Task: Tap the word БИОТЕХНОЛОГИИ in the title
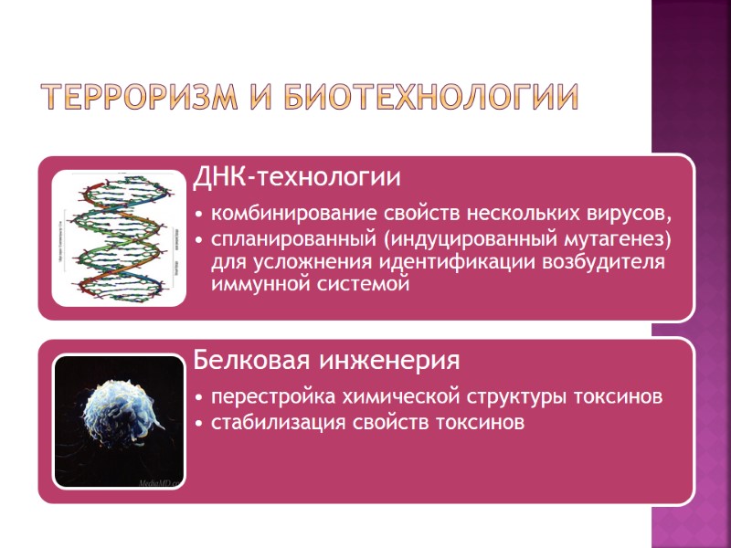pos(432,98)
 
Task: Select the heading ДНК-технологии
pos(297,174)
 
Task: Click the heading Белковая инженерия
pos(326,360)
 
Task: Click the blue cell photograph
pos(120,421)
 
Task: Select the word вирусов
pos(637,216)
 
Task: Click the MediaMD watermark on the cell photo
pos(161,480)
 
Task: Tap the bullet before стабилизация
pos(200,424)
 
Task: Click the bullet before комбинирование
pos(200,216)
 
